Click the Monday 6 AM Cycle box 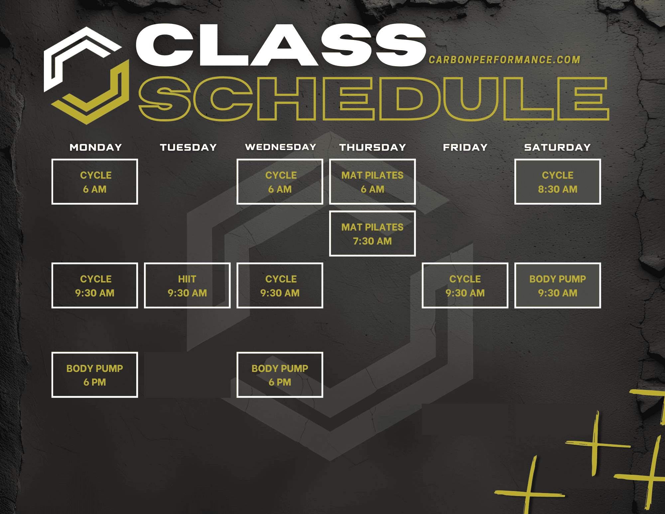pos(95,182)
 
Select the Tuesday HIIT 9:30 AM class pos(187,285)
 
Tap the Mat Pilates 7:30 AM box pos(372,234)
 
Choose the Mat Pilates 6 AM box pos(372,182)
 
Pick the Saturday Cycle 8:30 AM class pos(558,182)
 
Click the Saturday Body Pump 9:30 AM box pos(558,285)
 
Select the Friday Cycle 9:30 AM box pos(465,285)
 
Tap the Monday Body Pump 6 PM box pos(95,375)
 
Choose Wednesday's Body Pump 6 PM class pos(280,375)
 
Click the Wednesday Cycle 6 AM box pos(280,182)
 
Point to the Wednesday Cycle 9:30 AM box pos(280,285)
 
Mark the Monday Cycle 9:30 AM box pos(95,285)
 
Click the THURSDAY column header pos(372,147)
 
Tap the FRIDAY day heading pos(465,147)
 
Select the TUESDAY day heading pos(188,147)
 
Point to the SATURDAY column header pos(558,147)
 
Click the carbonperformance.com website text pos(504,60)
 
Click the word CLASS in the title pos(281,45)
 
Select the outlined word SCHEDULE pos(374,99)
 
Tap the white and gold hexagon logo pos(86,76)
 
